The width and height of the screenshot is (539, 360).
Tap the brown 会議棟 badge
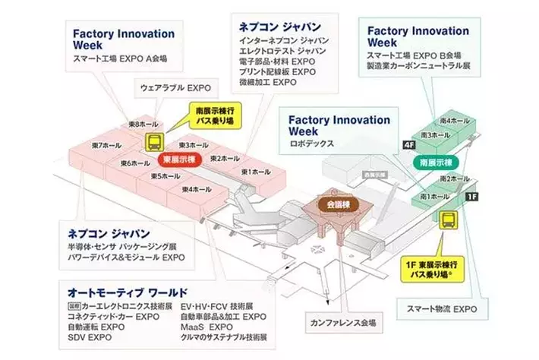(x=335, y=204)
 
